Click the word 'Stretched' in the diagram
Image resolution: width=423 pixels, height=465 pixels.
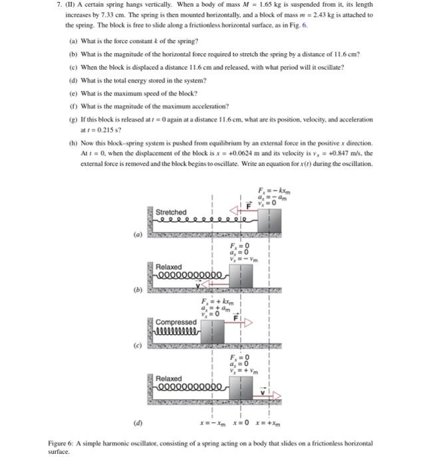pyautogui.click(x=171, y=212)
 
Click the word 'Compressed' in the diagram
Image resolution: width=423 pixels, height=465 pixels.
pyautogui.click(x=176, y=322)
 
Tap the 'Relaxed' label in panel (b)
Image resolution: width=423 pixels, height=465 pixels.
pyautogui.click(x=168, y=266)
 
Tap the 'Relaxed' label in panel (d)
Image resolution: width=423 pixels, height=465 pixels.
pyautogui.click(x=168, y=378)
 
